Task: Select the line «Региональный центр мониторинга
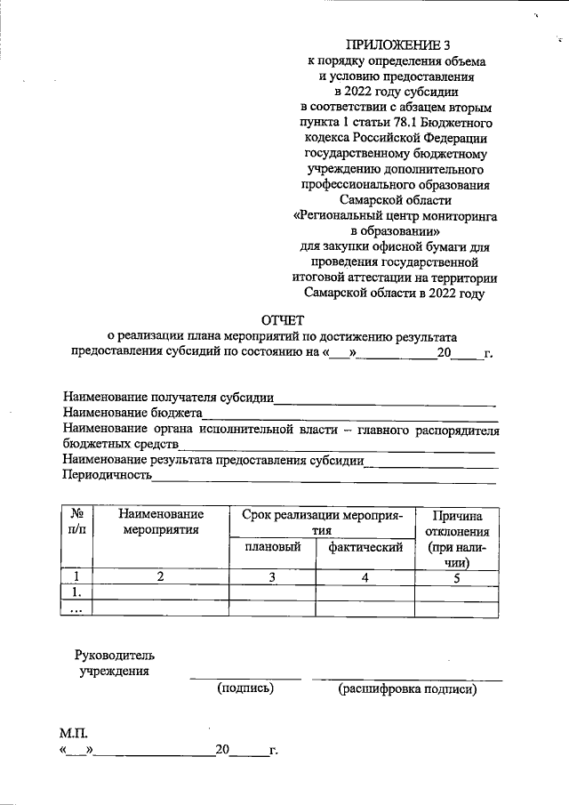pos(394,217)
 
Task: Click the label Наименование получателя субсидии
pos(168,398)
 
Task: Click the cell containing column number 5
pos(457,576)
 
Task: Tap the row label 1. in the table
pos(76,592)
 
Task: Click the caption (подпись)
pos(245,688)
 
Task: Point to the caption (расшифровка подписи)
pos(407,688)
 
